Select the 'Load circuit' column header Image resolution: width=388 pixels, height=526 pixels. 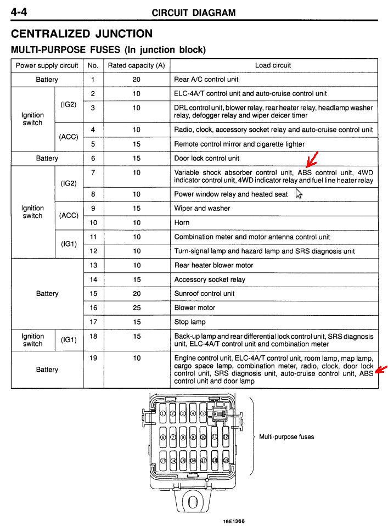(x=273, y=65)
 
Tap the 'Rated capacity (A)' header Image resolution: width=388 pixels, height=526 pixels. (x=136, y=65)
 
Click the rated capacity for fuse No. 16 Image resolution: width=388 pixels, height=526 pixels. (x=136, y=308)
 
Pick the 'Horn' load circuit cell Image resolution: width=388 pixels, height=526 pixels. (x=182, y=223)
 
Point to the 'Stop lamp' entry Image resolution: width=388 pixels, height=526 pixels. (x=190, y=322)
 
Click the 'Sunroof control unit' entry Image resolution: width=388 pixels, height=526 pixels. (x=204, y=294)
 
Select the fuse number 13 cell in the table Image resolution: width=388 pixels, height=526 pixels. (x=93, y=265)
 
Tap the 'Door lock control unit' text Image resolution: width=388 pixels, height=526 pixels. (x=206, y=159)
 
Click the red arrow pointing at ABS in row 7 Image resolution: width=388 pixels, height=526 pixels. (x=312, y=160)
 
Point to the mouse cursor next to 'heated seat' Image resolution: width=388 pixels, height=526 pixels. (x=299, y=193)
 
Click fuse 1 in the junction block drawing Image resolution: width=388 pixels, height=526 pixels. (x=162, y=413)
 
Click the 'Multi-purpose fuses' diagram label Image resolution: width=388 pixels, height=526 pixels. (x=286, y=437)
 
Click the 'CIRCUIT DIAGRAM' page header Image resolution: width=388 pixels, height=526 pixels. (x=194, y=13)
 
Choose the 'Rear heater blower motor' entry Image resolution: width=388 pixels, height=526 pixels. (x=213, y=265)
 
